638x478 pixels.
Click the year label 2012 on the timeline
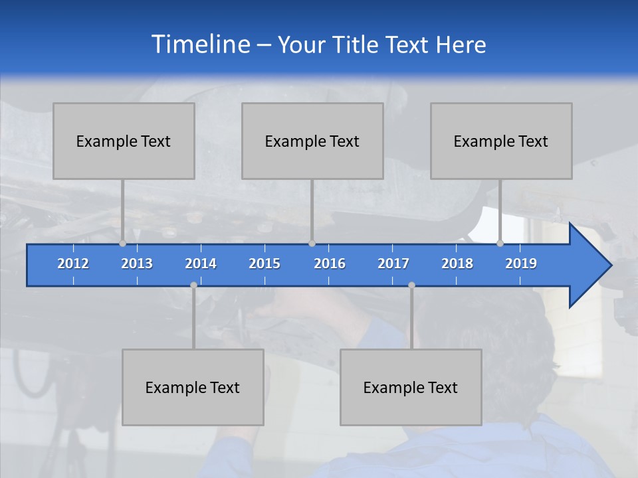point(73,264)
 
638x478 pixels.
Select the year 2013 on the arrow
point(137,264)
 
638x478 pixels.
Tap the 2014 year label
point(201,264)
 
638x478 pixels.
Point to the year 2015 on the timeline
point(265,264)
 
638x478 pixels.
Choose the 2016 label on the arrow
point(330,264)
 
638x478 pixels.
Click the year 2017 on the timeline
point(393,264)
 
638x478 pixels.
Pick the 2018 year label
point(457,264)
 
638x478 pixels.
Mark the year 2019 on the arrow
point(521,264)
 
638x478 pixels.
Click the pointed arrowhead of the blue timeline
point(591,266)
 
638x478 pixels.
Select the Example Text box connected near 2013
point(124,141)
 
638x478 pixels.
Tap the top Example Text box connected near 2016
point(312,141)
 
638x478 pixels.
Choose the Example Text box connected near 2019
point(501,141)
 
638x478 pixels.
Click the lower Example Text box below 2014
point(193,387)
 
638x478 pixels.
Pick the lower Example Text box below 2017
point(411,387)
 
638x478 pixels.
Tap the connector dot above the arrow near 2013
point(123,244)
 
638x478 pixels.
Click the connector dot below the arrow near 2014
point(193,285)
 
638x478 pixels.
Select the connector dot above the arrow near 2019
point(500,244)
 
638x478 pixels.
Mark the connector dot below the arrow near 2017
point(411,285)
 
